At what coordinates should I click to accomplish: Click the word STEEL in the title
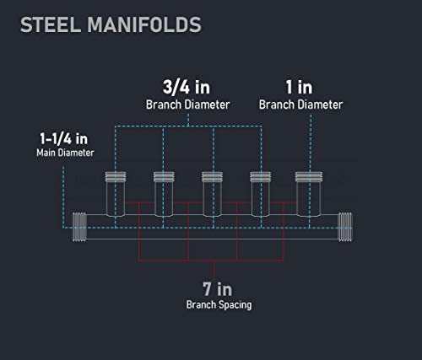click(51, 24)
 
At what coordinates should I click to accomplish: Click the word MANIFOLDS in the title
click(144, 24)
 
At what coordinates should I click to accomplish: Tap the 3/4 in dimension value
click(187, 87)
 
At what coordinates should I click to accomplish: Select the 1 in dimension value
click(299, 87)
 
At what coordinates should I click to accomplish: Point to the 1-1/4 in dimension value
click(64, 139)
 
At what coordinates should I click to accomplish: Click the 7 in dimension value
click(218, 289)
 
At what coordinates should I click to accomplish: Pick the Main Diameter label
click(65, 153)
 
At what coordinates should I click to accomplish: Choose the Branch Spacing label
click(219, 305)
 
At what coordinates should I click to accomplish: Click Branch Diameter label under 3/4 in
click(187, 105)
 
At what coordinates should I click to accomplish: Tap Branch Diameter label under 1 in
click(300, 105)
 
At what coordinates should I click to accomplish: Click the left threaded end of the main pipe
click(79, 227)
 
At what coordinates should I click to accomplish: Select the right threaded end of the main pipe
click(345, 227)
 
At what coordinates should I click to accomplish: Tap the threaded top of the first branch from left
click(116, 177)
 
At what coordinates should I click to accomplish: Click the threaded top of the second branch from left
click(164, 177)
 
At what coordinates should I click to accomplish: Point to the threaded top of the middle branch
click(212, 177)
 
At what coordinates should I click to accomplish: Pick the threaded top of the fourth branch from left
click(261, 177)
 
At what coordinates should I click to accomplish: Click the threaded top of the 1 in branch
click(309, 177)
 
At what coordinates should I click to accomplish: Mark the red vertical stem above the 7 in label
click(214, 270)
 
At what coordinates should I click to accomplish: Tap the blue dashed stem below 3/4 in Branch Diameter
click(188, 120)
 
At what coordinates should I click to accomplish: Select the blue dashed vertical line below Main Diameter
click(63, 196)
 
